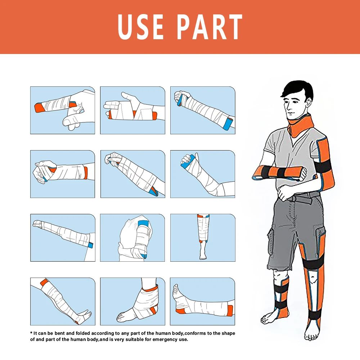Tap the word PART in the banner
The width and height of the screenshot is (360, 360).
pos(211,27)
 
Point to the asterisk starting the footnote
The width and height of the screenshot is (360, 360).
pos(31,333)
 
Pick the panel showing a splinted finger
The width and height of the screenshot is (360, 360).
pos(63,110)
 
